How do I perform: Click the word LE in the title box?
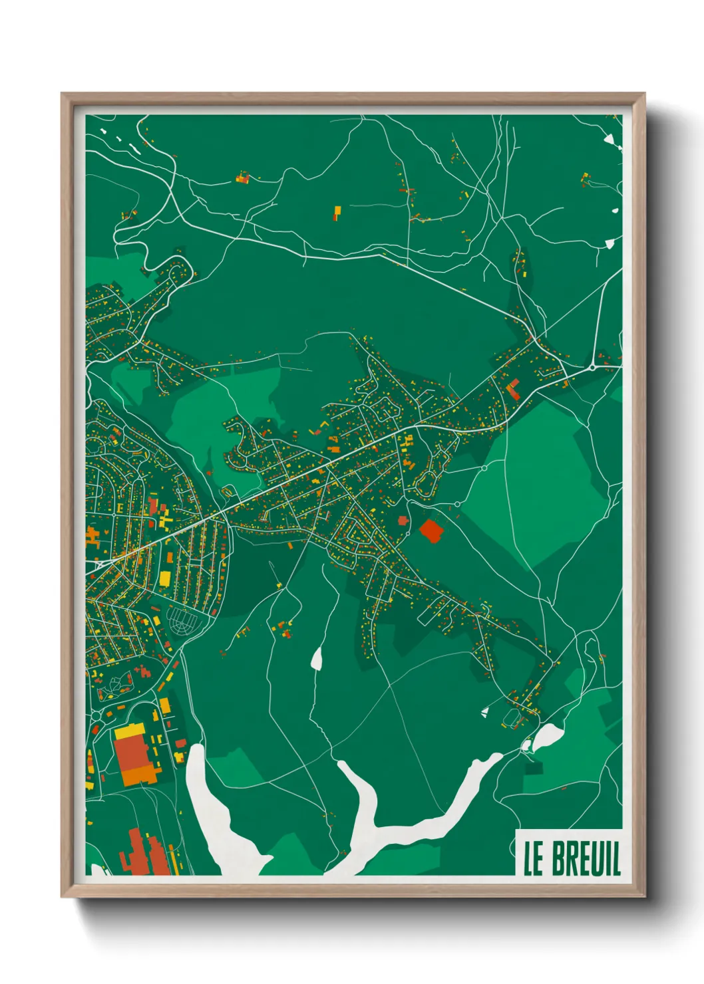point(534,859)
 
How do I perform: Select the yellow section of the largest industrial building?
point(130,732)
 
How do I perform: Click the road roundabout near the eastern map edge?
point(592,367)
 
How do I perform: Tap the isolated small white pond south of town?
point(317,658)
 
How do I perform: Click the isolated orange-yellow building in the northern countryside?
point(337,213)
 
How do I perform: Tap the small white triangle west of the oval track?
point(486,712)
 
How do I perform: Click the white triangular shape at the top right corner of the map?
point(609,139)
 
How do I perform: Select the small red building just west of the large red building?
point(403,521)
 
